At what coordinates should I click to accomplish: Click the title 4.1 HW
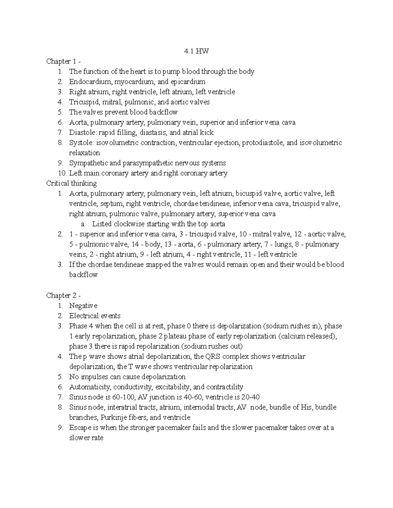[196, 51]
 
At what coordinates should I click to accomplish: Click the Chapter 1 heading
[64, 61]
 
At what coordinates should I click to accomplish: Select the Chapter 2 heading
[64, 295]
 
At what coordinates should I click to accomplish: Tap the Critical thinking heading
[71, 183]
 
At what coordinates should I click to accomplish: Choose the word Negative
[83, 306]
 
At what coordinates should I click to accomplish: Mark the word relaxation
[84, 153]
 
